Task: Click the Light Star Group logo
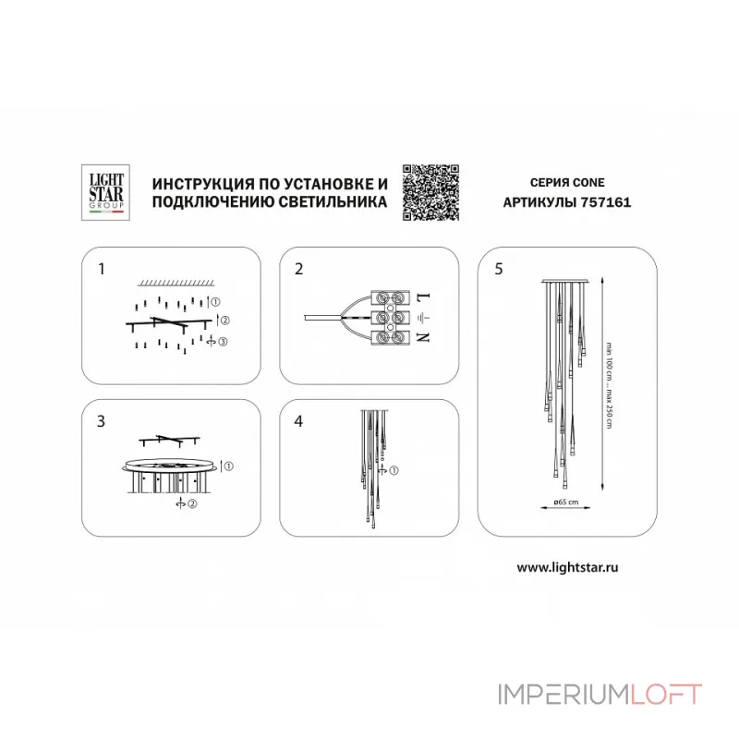coord(105,192)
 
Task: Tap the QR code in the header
coord(430,192)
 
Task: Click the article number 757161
coord(606,202)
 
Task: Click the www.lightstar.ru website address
coord(567,567)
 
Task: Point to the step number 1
coord(102,269)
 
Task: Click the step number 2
coord(298,269)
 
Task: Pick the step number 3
coord(101,421)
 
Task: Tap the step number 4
coord(298,421)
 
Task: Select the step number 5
coord(499,269)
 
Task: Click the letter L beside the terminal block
coord(423,298)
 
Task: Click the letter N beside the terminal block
coord(423,337)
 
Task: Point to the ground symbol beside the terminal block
coord(423,318)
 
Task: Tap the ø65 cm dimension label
coord(566,502)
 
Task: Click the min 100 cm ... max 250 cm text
coord(609,385)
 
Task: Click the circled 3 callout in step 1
coord(223,341)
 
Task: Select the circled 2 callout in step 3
coord(192,503)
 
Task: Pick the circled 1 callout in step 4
coord(394,470)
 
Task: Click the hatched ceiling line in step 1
coord(176,283)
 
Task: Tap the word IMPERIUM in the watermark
coord(564,695)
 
